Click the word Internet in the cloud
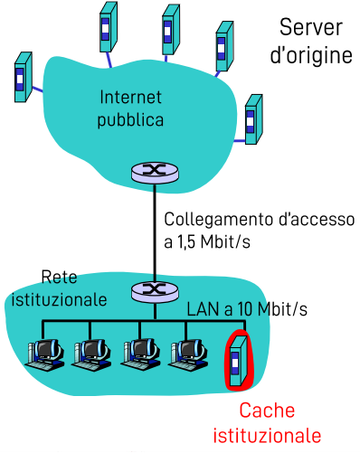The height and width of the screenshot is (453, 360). pos(130,97)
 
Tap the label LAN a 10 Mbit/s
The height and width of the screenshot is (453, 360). pos(247,309)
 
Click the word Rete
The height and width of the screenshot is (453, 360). pos(61,277)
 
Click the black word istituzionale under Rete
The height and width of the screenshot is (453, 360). pos(60,297)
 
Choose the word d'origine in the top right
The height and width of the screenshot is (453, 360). pos(310,55)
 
